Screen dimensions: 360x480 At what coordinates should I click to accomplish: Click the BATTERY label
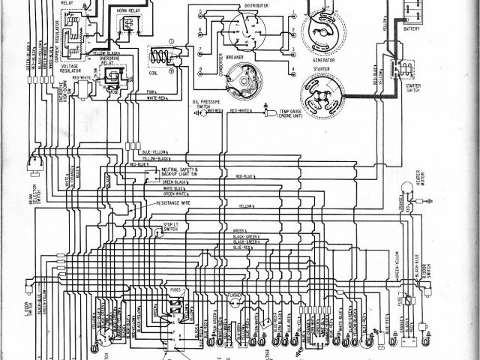[411, 29]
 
